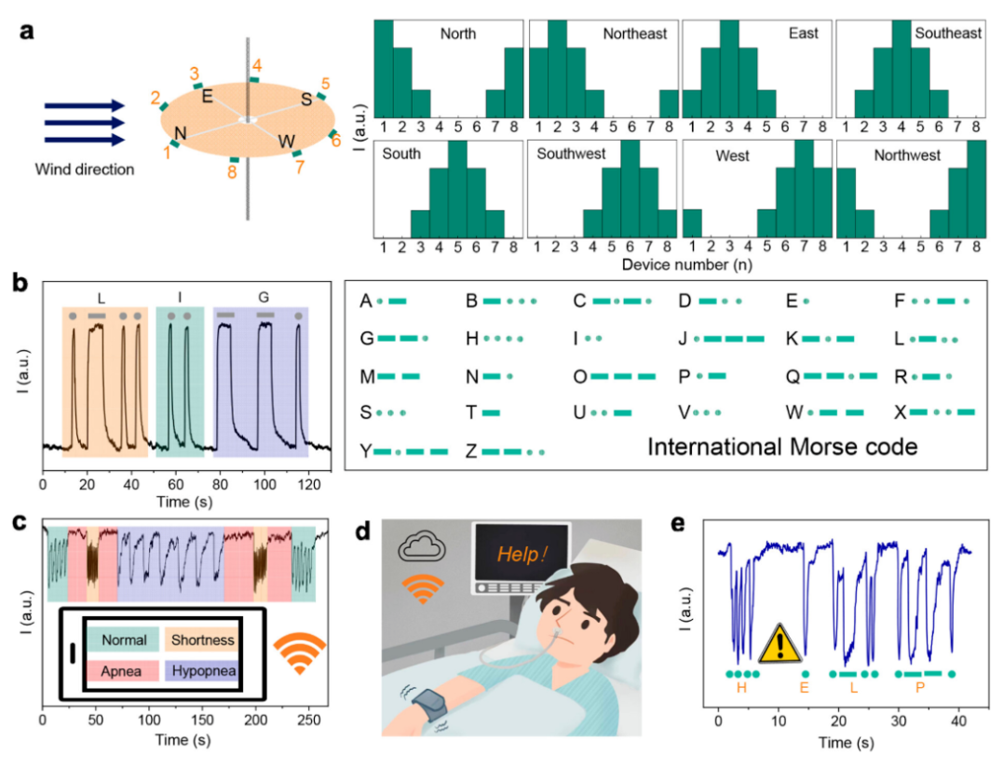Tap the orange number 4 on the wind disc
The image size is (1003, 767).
tap(257, 65)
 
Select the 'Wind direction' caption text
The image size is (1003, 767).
tap(85, 169)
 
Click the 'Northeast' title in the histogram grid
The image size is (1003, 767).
tap(635, 34)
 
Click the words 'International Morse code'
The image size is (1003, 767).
tap(782, 447)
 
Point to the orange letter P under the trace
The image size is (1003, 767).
tap(920, 689)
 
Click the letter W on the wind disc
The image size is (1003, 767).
tap(287, 141)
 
